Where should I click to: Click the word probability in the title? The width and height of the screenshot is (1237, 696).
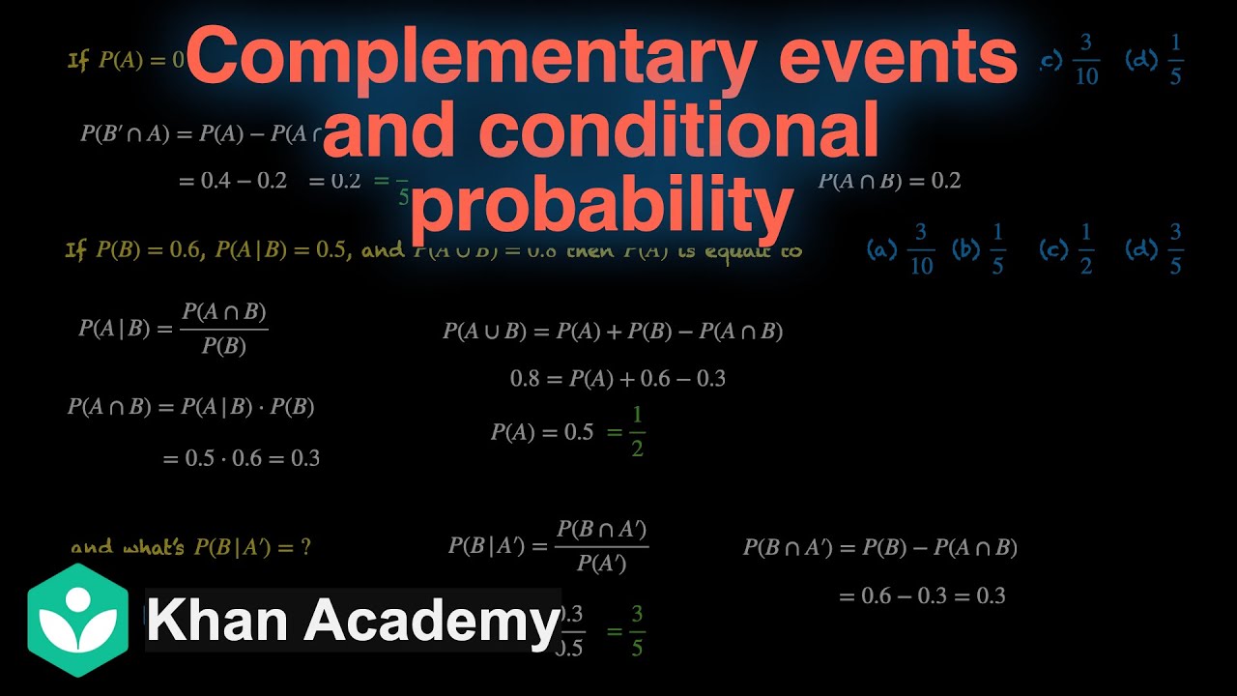click(600, 205)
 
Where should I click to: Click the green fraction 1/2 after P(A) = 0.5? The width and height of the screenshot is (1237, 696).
click(636, 432)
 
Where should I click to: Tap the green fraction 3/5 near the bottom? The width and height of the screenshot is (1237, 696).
click(636, 631)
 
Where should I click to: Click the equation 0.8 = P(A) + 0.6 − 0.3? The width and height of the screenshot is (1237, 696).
click(618, 378)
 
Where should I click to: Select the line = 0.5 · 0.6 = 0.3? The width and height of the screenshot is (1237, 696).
click(242, 458)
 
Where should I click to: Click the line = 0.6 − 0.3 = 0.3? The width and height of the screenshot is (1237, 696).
click(922, 595)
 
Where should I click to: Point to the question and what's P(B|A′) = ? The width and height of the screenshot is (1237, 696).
click(190, 547)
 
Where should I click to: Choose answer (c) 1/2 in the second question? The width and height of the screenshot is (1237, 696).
click(1069, 250)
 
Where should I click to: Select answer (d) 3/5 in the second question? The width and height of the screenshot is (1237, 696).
click(1156, 250)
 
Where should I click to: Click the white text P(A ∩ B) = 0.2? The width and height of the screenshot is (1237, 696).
click(890, 181)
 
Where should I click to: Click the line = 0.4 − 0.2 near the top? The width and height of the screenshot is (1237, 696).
click(233, 181)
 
